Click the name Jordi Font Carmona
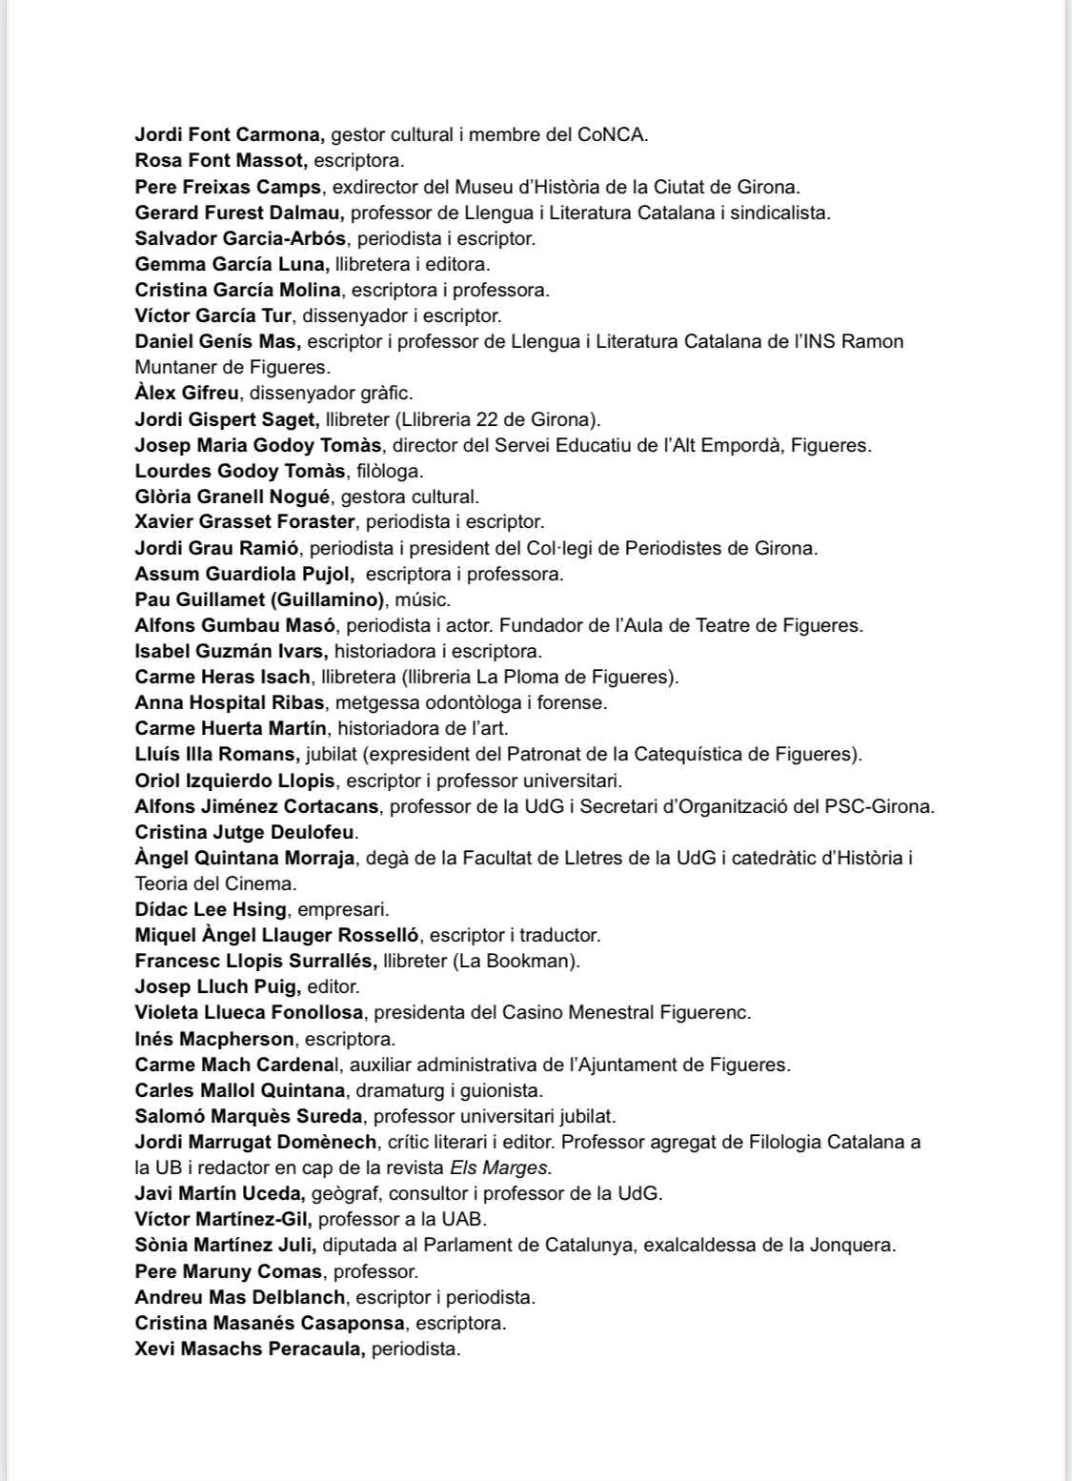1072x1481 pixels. (x=229, y=134)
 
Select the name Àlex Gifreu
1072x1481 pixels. (x=187, y=393)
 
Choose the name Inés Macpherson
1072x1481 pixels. (x=214, y=1038)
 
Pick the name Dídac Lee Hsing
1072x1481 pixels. (x=210, y=909)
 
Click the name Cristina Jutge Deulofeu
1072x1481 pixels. (x=245, y=832)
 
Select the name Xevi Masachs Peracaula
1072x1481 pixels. (x=250, y=1349)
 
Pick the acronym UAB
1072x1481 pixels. (x=466, y=1219)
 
